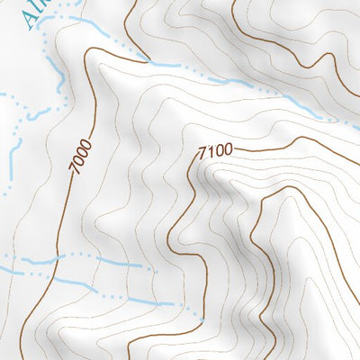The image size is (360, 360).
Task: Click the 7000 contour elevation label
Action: coord(79,156)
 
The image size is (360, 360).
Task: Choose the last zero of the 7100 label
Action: coord(228,149)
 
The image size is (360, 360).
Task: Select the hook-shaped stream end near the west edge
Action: coord(31,115)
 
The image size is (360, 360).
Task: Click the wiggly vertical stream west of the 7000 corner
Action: coord(60,76)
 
